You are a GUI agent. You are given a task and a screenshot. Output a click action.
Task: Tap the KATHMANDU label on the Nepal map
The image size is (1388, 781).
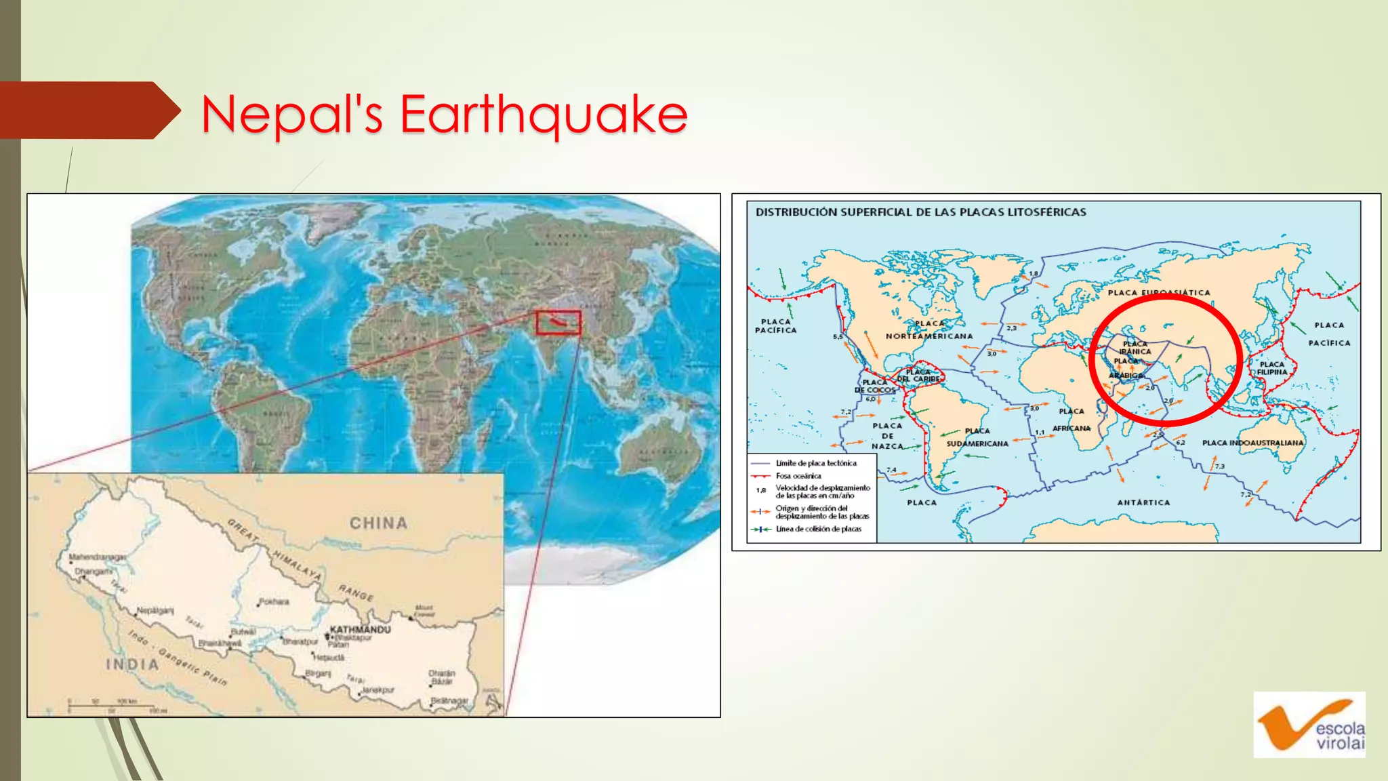tap(360, 629)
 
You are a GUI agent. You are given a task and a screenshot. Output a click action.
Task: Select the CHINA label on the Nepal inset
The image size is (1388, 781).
tap(378, 523)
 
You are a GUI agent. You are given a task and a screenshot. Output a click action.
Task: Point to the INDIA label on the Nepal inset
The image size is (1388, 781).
tap(132, 664)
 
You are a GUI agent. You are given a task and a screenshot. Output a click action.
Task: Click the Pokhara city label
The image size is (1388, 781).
tap(274, 601)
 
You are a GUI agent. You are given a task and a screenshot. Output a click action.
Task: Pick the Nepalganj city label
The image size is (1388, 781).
tap(155, 610)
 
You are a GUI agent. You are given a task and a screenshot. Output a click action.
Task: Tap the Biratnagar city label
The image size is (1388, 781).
tap(449, 700)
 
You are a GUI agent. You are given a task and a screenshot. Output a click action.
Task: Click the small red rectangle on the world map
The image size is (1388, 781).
tap(558, 323)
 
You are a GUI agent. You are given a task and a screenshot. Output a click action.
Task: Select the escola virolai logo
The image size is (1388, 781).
tap(1309, 725)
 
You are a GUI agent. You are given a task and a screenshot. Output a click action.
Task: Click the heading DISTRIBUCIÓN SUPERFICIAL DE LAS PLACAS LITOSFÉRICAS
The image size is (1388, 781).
tap(920, 212)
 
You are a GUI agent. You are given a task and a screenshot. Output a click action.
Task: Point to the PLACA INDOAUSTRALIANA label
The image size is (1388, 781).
tap(1252, 443)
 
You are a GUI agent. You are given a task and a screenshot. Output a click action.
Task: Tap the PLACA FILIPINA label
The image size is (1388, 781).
tap(1271, 368)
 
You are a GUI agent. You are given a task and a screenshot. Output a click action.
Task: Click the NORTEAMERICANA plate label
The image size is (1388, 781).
tap(928, 336)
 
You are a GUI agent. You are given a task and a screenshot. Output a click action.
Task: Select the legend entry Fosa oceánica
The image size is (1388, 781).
tap(798, 476)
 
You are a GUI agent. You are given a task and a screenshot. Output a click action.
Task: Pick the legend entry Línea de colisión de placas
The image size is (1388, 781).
tap(818, 529)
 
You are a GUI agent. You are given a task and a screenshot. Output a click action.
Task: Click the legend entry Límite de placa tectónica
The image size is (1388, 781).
tap(815, 463)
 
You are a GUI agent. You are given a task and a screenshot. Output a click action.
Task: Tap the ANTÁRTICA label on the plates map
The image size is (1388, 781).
tap(1143, 502)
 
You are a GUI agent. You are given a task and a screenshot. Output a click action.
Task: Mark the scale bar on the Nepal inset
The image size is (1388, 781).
tap(115, 705)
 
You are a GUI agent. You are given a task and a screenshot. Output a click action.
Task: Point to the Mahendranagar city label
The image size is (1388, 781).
tap(97, 557)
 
